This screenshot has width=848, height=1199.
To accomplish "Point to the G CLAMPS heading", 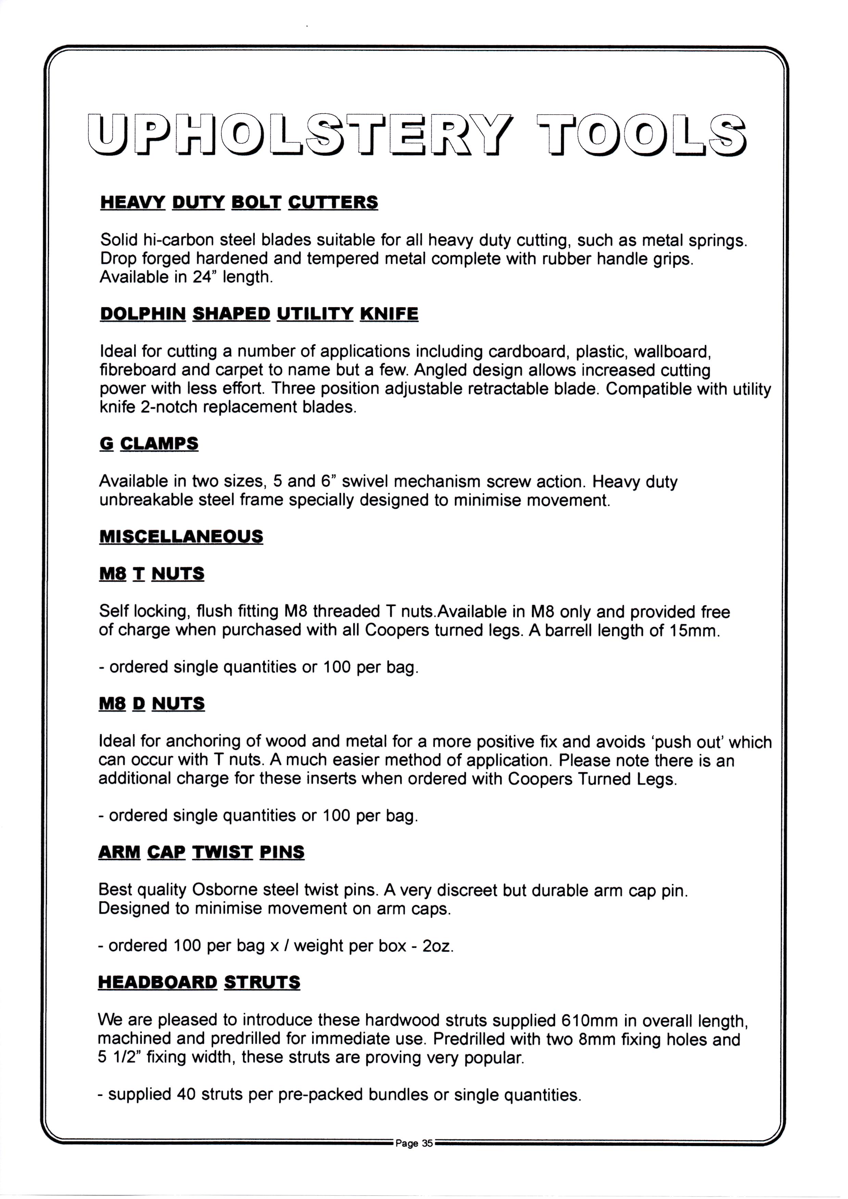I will (x=149, y=444).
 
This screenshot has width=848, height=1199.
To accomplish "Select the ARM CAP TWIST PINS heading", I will (x=201, y=853).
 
